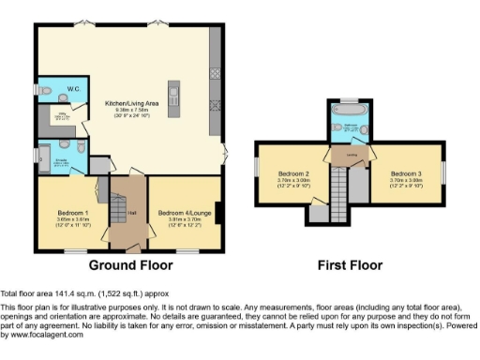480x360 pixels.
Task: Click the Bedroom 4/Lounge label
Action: (177, 212)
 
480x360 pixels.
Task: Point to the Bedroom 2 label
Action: (292, 173)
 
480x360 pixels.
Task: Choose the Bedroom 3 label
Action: (405, 173)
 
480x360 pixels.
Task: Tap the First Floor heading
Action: (350, 265)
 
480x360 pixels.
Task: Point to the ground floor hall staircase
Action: (119, 206)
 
